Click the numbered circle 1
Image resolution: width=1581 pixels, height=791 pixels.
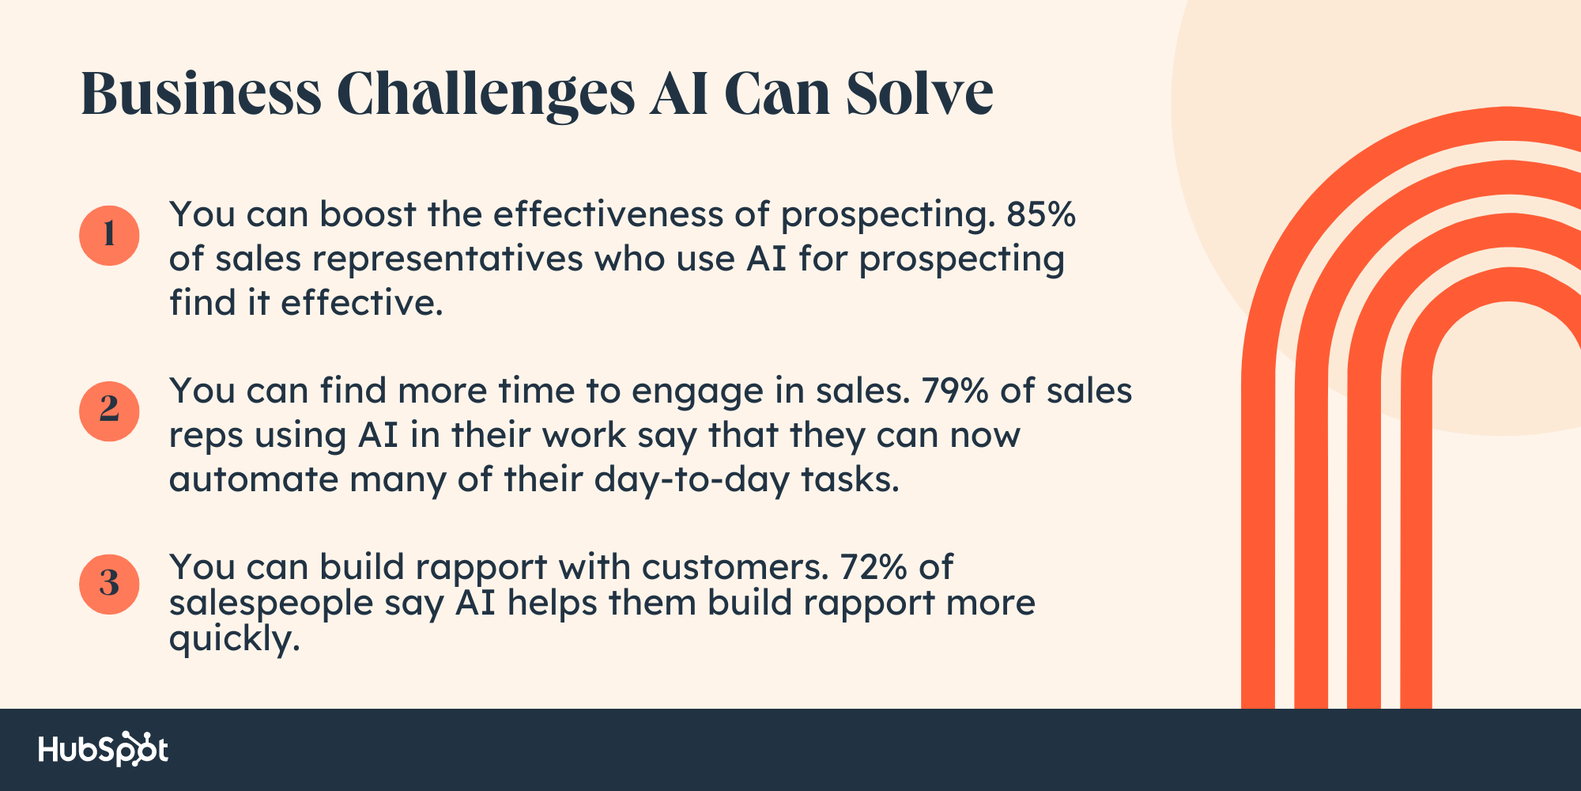[109, 235]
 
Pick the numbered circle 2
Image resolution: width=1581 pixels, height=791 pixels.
[109, 411]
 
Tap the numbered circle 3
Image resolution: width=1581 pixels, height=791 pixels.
[109, 585]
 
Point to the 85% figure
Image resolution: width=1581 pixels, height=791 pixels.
[1041, 214]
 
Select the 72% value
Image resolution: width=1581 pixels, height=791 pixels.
[874, 567]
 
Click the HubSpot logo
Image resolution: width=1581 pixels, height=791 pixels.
[104, 749]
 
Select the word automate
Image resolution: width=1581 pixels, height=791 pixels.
[254, 480]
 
